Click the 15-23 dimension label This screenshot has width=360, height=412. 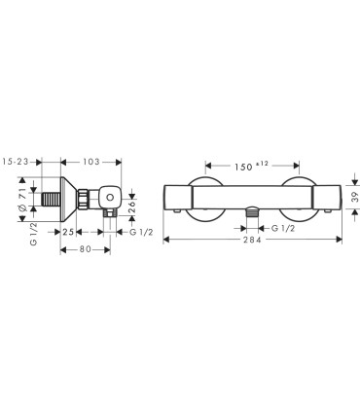pos(16,162)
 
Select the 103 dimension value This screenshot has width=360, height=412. pos(91,162)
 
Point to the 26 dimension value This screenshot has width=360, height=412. pos(132,206)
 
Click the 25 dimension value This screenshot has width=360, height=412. pos(68,232)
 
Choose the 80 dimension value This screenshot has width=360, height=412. pos(86,249)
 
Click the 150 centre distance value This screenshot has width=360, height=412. pos(243,167)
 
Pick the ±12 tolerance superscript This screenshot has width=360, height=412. pos(262,164)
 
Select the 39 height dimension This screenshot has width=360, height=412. pos(355,197)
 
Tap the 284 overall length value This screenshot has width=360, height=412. pos(252,240)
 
